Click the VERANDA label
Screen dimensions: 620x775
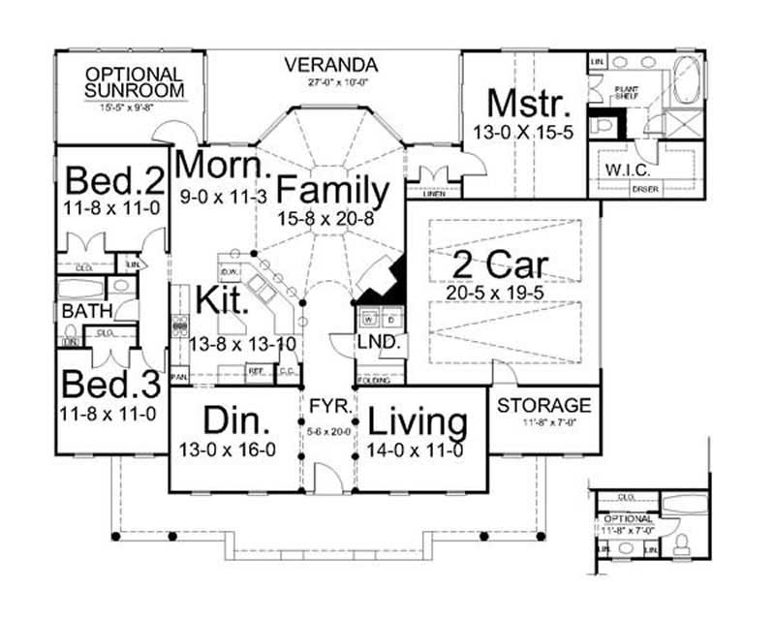330,65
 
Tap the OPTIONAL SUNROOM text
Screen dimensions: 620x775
134,82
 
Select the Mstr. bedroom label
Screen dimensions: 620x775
523,103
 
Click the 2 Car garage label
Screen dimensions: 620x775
502,264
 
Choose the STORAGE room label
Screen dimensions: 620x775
543,404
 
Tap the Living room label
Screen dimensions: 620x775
419,422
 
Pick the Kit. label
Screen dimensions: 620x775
224,300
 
